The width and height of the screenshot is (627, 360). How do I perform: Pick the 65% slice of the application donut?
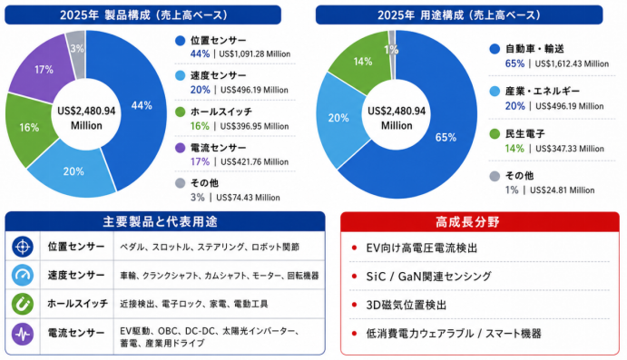(x=444, y=138)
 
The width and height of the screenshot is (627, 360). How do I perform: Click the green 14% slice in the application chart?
(x=362, y=62)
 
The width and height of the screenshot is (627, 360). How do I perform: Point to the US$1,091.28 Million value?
(x=255, y=54)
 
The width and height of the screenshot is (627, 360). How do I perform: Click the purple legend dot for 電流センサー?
(x=180, y=148)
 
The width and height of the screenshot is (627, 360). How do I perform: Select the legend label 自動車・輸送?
(x=534, y=49)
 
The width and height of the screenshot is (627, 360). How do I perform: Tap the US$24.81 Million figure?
(x=563, y=190)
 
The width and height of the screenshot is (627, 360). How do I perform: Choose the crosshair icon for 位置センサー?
(x=23, y=247)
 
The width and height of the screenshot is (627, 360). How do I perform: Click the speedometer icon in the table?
(x=23, y=275)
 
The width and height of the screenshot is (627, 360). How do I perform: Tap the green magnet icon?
(x=23, y=304)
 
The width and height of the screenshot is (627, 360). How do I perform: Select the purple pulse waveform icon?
(x=23, y=334)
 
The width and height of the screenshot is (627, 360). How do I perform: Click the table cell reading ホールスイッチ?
(x=77, y=304)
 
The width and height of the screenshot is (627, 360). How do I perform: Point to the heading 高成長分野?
(x=467, y=222)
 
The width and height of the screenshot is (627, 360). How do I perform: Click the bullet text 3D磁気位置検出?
(x=406, y=306)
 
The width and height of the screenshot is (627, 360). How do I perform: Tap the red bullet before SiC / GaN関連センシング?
(x=354, y=276)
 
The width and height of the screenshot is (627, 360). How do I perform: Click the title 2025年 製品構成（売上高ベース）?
(x=143, y=15)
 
